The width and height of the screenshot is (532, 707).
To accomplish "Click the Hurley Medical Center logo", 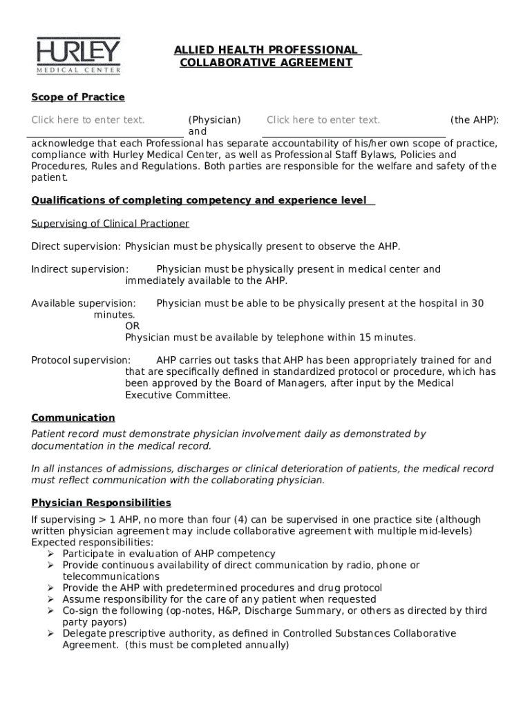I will [79, 55].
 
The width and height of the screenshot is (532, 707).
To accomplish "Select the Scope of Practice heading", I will [78, 97].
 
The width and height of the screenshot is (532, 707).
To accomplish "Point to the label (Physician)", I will [215, 120].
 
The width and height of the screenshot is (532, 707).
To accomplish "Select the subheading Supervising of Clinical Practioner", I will [110, 224].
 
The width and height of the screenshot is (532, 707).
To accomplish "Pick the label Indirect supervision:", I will [79, 269].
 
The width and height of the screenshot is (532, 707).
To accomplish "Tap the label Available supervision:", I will [84, 303].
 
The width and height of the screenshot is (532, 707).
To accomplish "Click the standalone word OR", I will [132, 326].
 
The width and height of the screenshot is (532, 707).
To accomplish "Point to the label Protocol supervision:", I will [81, 360].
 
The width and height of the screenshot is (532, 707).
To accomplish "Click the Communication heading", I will [73, 418].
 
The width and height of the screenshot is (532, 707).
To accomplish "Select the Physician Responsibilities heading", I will [101, 503].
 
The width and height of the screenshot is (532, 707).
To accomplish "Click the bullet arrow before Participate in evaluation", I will [50, 554].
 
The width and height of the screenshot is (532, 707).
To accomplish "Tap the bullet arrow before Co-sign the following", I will [50, 611].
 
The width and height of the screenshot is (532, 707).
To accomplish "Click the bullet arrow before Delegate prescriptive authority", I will [50, 634].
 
